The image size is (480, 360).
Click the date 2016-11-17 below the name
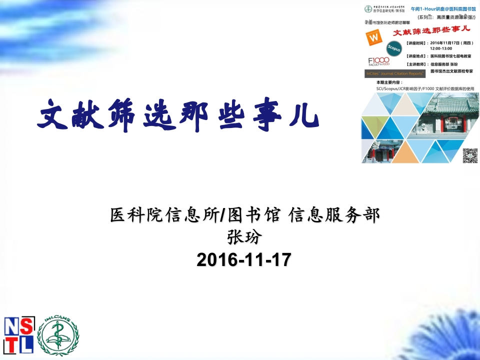click(x=243, y=260)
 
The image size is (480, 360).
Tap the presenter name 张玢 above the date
click(x=244, y=237)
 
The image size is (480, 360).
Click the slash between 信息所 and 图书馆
click(x=223, y=215)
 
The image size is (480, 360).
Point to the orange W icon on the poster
click(x=373, y=37)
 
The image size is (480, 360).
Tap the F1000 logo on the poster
click(x=378, y=61)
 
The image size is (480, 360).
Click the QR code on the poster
click(x=469, y=155)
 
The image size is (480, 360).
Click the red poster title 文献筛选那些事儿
click(x=432, y=32)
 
